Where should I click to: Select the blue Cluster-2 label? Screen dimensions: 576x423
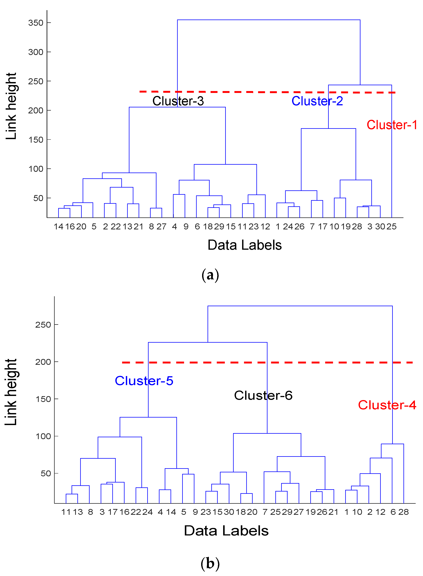click(x=317, y=101)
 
